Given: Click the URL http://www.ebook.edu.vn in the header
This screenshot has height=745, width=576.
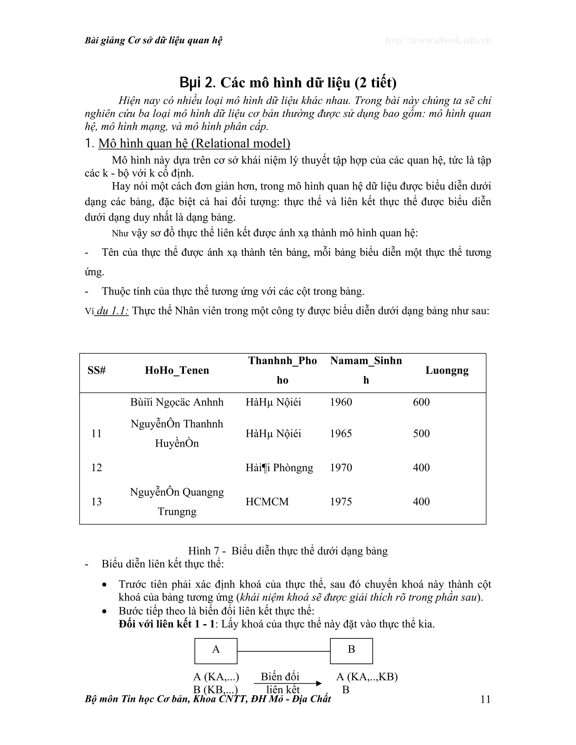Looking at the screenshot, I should coord(438,40).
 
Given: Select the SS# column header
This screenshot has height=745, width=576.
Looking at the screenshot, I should coord(96,370).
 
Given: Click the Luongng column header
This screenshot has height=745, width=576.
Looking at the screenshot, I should coord(447,370).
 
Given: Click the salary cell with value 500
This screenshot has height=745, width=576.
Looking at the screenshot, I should coord(421,433).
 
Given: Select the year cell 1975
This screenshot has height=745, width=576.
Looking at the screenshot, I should coord(341,502).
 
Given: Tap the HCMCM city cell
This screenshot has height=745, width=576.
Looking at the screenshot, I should coord(267,502).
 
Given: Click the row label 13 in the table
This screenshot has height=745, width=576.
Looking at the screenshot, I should coord(96,502).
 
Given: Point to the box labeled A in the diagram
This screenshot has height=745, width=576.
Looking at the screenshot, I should coord(216,651).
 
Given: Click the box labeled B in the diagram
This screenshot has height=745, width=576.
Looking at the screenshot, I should coord(351,651).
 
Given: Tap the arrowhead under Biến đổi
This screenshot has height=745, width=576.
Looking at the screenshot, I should coord(319,683).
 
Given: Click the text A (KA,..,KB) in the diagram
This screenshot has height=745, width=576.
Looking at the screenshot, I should coord(367,676).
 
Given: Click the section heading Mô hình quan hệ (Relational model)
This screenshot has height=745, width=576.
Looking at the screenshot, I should coord(194,143).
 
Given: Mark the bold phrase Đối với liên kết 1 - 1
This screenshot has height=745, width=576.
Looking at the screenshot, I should coord(166,624).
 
